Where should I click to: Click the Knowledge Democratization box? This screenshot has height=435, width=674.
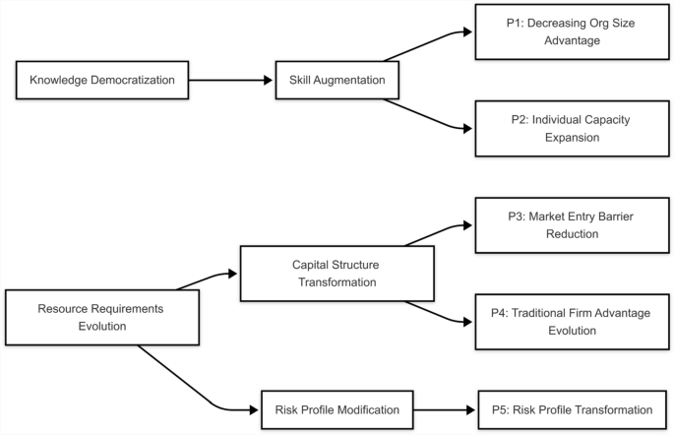102,81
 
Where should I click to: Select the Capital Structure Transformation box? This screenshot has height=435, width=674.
336,274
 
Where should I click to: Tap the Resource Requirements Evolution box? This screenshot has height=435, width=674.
102,317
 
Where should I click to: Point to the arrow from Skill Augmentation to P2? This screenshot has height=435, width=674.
425,114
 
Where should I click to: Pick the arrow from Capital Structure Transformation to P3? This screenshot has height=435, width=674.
438,234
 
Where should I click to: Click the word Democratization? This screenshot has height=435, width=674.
138,81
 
